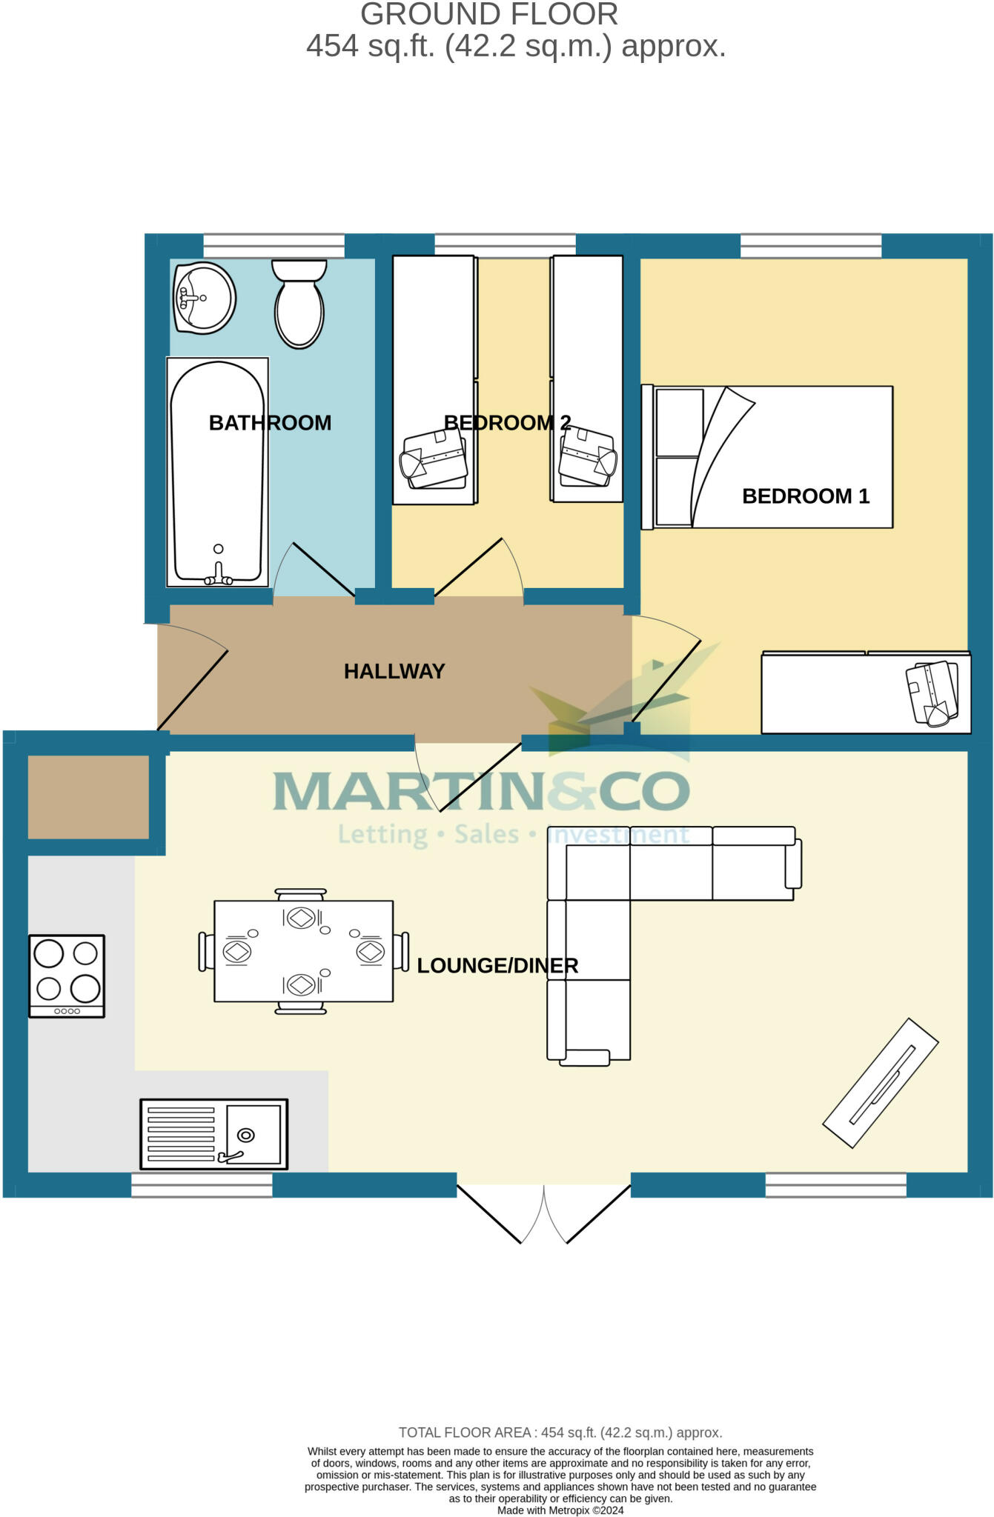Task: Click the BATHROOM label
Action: pyautogui.click(x=270, y=423)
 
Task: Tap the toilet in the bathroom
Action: pyautogui.click(x=299, y=305)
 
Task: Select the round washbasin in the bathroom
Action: pyautogui.click(x=204, y=298)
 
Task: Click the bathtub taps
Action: pyautogui.click(x=218, y=576)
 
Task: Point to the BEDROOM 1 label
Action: pyautogui.click(x=805, y=496)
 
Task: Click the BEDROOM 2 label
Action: pyautogui.click(x=507, y=423)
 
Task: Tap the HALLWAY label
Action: pyautogui.click(x=394, y=671)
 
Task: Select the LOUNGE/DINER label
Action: pyautogui.click(x=497, y=966)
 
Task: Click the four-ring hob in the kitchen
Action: pyautogui.click(x=67, y=976)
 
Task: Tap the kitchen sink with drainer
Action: pyautogui.click(x=213, y=1134)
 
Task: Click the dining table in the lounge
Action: pyautogui.click(x=303, y=951)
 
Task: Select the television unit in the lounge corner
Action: pyautogui.click(x=881, y=1083)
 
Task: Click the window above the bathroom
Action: pyautogui.click(x=274, y=245)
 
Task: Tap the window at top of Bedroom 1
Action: pyautogui.click(x=811, y=245)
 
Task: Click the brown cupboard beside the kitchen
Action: pyautogui.click(x=88, y=797)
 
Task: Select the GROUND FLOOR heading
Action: pyautogui.click(x=488, y=15)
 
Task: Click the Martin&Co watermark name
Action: pyautogui.click(x=482, y=791)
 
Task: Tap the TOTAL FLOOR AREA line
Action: pyautogui.click(x=560, y=1433)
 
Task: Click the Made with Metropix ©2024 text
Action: pyautogui.click(x=560, y=1510)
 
